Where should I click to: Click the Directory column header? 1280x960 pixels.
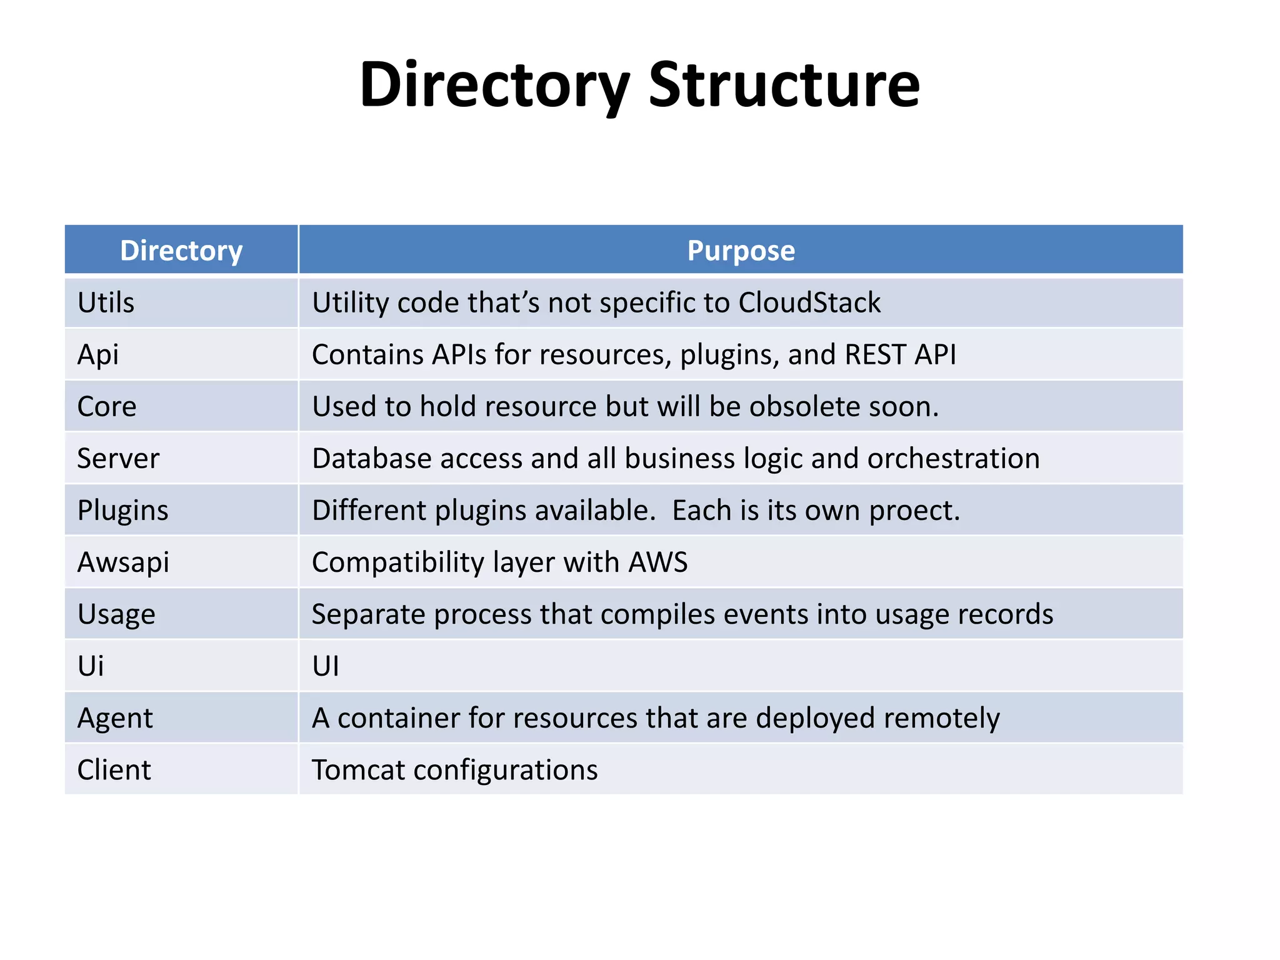click(x=181, y=251)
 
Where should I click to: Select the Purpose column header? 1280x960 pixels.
click(x=741, y=251)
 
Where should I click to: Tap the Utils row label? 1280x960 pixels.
click(x=106, y=302)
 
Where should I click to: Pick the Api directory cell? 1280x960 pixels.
click(x=97, y=354)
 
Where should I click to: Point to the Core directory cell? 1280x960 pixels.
click(x=107, y=406)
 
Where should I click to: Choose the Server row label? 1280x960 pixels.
click(x=118, y=458)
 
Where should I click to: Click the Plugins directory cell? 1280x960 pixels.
click(x=122, y=511)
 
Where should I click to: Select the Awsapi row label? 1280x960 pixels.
click(x=123, y=562)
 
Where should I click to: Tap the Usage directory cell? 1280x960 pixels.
click(x=116, y=614)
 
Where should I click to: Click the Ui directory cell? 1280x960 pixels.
click(x=91, y=666)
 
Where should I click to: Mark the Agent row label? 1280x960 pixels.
click(x=115, y=718)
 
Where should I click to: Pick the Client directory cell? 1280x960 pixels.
click(x=114, y=770)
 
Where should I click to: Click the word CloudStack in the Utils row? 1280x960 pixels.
click(x=809, y=302)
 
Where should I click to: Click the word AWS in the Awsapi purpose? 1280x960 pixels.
click(x=658, y=562)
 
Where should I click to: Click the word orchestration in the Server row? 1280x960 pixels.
click(x=953, y=458)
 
